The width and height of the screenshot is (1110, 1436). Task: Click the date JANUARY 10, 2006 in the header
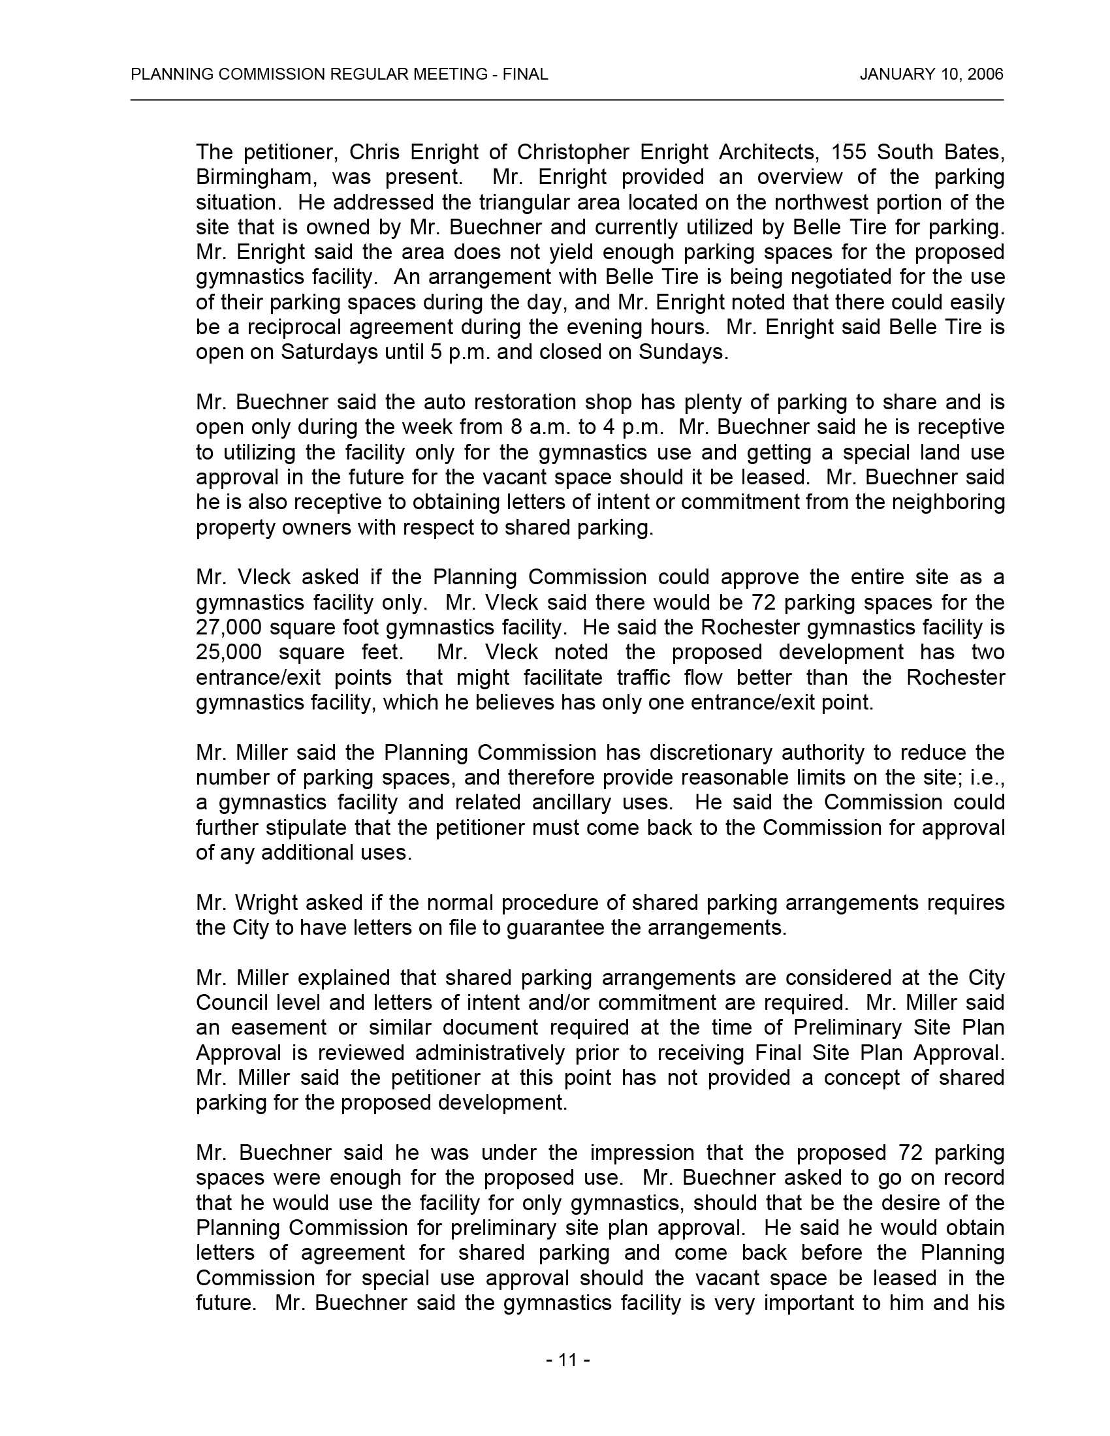931,74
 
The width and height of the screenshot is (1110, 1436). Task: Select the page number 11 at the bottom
567,1360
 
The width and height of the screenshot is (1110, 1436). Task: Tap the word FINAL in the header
525,74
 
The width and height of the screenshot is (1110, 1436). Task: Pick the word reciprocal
291,328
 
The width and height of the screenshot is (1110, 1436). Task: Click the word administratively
489,1053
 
